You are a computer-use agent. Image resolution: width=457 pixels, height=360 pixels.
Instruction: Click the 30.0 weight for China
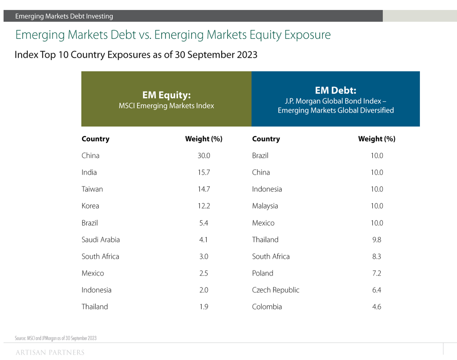coord(204,156)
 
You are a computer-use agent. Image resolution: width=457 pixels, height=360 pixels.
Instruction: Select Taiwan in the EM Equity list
coord(92,189)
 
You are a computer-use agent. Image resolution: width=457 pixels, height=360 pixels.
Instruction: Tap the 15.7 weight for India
coord(204,173)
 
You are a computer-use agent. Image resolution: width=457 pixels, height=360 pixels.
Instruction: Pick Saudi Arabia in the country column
coord(101,240)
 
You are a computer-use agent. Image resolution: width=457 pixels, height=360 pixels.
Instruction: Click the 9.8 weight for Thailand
coord(376,240)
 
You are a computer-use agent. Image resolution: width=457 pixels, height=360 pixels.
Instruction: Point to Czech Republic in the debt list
coord(276,290)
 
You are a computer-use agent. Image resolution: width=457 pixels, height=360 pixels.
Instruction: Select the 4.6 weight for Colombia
coord(376,307)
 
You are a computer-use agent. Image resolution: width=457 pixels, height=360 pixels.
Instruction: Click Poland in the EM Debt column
coord(262,273)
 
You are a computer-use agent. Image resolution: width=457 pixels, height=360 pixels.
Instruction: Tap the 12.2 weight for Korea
coord(204,206)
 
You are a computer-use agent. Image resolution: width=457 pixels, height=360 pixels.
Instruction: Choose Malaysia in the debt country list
coord(265,206)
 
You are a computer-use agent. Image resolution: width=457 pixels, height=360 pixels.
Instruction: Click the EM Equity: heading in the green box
coord(166,95)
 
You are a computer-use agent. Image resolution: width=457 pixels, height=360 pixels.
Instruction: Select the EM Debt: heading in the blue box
coord(335,90)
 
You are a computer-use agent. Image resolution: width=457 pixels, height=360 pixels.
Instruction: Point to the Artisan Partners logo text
coord(50,353)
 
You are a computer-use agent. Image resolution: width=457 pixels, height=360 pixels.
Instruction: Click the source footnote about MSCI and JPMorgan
coord(56,338)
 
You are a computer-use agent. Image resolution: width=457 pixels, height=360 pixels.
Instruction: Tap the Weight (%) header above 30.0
coord(204,139)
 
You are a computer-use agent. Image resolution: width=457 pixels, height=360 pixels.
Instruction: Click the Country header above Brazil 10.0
coord(266,139)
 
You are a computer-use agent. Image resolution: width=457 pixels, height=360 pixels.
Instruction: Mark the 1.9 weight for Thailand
coord(204,307)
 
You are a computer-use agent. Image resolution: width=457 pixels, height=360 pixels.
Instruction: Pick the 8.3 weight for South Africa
coord(376,257)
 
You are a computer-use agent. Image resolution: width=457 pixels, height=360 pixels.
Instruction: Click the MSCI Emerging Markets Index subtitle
coord(166,106)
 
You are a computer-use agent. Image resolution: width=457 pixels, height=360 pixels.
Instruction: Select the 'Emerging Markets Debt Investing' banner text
coord(64,16)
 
